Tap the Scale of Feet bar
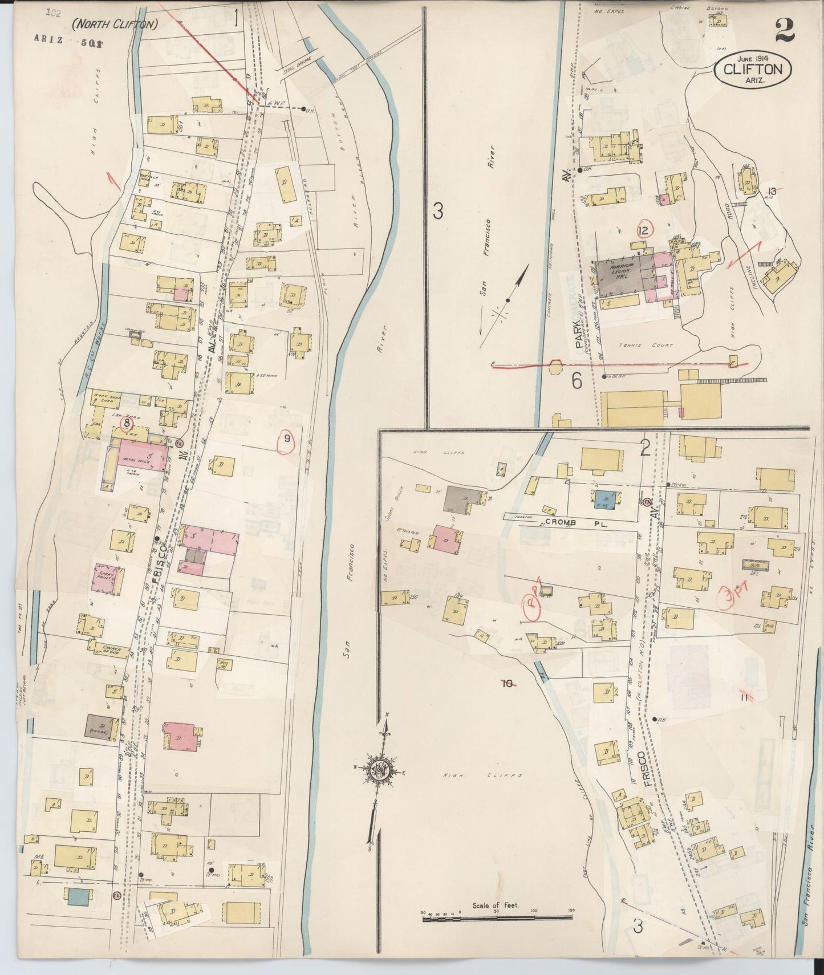496,917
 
